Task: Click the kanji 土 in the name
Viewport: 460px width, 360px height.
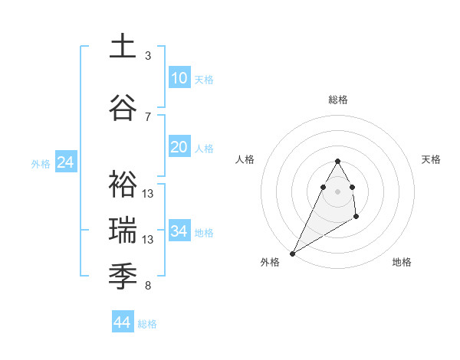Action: pyautogui.click(x=123, y=46)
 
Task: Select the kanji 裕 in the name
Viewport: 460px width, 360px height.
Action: pyautogui.click(x=123, y=184)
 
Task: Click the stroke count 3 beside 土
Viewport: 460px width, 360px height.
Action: pyautogui.click(x=148, y=56)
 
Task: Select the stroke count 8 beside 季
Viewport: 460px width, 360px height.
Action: pyautogui.click(x=148, y=286)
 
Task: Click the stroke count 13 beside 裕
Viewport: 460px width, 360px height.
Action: pyautogui.click(x=148, y=194)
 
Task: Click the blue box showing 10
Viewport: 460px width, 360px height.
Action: pyautogui.click(x=179, y=78)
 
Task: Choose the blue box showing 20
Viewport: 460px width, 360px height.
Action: pyautogui.click(x=179, y=147)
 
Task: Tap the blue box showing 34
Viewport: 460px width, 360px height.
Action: pyautogui.click(x=179, y=231)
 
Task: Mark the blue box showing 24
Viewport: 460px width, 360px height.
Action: pyautogui.click(x=65, y=162)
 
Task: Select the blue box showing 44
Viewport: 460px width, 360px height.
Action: pyautogui.click(x=122, y=322)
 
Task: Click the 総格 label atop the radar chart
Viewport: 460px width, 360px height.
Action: pyautogui.click(x=337, y=100)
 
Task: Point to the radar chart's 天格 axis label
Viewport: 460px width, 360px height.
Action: pyautogui.click(x=432, y=159)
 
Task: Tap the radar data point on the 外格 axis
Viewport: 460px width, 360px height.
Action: pyautogui.click(x=292, y=253)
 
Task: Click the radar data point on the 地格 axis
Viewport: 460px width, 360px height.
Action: pyautogui.click(x=356, y=218)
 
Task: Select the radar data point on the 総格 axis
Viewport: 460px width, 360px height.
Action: pyautogui.click(x=337, y=161)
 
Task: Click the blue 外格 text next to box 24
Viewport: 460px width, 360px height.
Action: pyautogui.click(x=41, y=163)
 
